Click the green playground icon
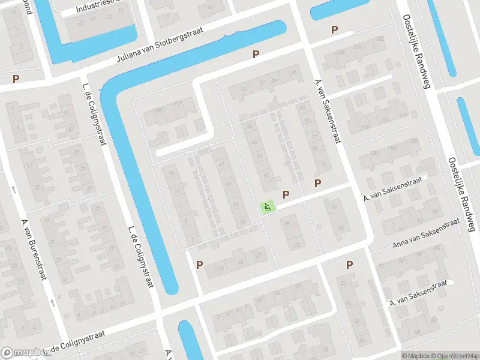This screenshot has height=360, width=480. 267,207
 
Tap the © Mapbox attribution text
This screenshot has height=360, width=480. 415,356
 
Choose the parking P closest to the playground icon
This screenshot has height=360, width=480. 286,194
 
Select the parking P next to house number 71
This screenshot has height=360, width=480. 318,183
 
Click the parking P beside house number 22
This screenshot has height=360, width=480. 349,265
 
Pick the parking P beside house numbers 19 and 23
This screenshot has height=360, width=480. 199,265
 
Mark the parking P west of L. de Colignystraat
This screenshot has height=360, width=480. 16,78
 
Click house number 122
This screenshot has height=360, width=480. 379,39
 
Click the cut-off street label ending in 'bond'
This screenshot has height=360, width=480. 25,2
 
